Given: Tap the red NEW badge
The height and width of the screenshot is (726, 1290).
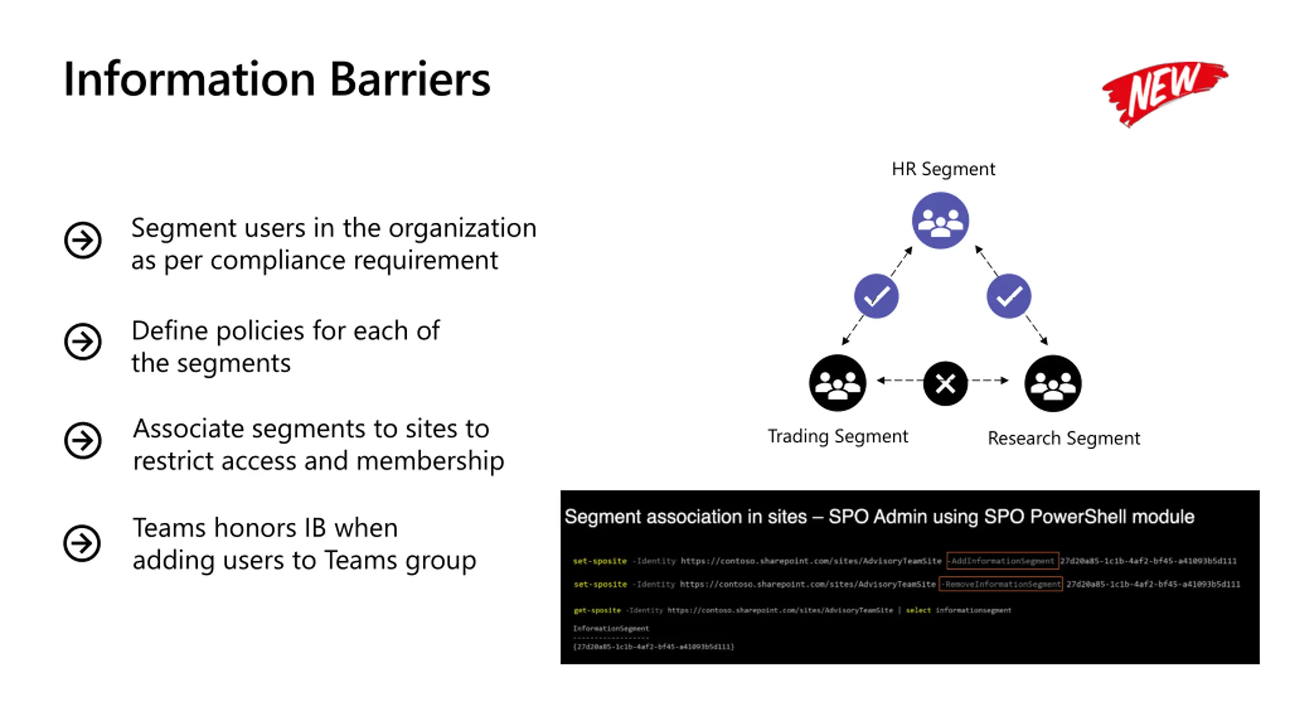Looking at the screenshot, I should pos(1165,93).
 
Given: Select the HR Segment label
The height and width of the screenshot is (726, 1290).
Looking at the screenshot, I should pos(943,169).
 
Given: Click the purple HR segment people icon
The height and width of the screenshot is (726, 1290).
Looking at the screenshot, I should pos(940,221).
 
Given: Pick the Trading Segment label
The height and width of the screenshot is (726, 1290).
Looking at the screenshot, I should pos(837,436).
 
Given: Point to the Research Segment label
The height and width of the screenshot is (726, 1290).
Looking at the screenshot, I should pos(1063,438).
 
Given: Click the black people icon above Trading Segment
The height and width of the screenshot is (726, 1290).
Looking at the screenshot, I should pos(837,383).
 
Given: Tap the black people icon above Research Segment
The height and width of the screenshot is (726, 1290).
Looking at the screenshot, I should pos(1053,384).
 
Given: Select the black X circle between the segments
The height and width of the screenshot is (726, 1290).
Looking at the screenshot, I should pos(945,384).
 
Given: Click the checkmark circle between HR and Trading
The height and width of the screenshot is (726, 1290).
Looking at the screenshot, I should pos(876,296).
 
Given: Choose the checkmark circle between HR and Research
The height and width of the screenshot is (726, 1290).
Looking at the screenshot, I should pos(1008,296).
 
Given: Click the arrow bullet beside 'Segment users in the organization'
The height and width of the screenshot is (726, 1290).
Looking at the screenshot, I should pos(83,240).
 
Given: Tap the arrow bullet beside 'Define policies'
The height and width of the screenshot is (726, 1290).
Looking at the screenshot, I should pos(83,342).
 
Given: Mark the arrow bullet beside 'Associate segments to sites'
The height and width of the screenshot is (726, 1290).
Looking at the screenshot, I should pos(83,441).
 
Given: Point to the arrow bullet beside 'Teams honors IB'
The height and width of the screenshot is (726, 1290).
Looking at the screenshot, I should pos(82,543).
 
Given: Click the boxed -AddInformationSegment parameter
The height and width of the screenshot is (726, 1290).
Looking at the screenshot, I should pos(1002,561).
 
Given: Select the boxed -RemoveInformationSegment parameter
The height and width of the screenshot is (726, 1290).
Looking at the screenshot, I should pos(1001,584).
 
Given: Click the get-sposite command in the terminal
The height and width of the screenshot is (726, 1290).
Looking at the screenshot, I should pos(597,610).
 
